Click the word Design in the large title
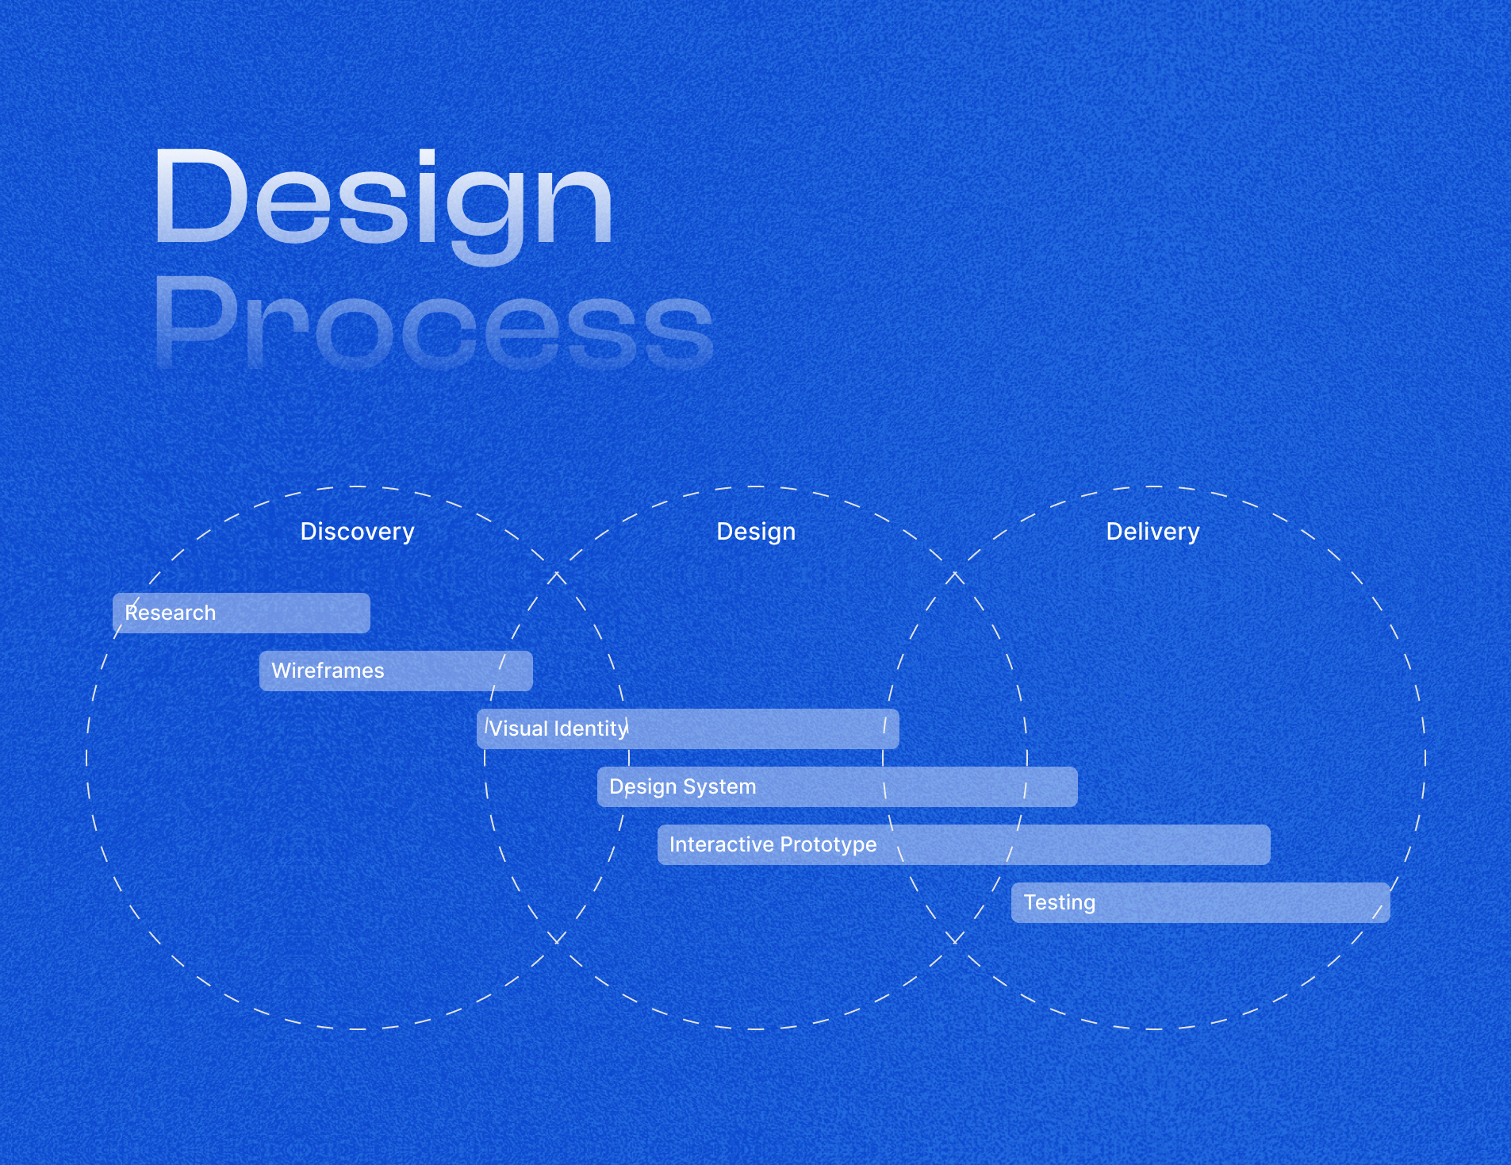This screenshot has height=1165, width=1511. coord(383,205)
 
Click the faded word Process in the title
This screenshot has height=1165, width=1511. coord(434,324)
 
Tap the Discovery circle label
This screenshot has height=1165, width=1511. coord(357,532)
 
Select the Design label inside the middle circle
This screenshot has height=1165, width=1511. coord(756,532)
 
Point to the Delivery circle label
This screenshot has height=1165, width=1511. coord(1152,532)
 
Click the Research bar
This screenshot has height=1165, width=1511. coord(241,613)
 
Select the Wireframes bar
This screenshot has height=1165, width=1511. coord(396,671)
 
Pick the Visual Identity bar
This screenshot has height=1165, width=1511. coord(688,729)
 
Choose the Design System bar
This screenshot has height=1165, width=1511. coord(837,786)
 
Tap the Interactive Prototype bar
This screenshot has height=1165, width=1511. coord(964,844)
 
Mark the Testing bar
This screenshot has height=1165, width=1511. coord(1201,902)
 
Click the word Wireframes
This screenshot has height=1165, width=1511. coord(328,671)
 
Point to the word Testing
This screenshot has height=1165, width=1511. coord(1059,903)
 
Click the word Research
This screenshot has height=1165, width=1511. coord(171,613)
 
